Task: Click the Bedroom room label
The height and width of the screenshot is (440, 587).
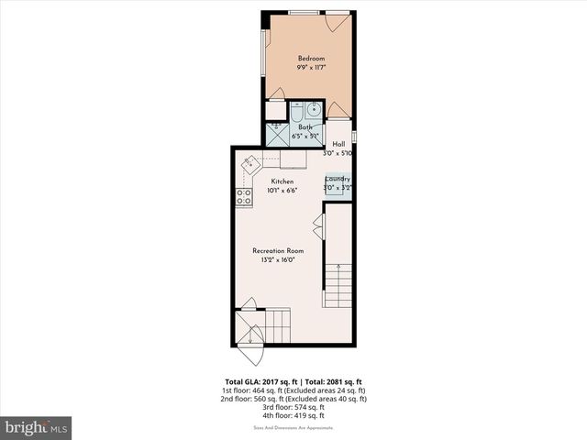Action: pyautogui.click(x=312, y=59)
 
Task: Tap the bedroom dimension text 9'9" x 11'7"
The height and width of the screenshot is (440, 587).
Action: pyautogui.click(x=312, y=68)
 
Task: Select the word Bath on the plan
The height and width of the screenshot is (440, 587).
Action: pyautogui.click(x=305, y=127)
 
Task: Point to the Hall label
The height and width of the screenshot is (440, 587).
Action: pyautogui.click(x=338, y=144)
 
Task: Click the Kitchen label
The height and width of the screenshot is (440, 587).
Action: pyautogui.click(x=281, y=181)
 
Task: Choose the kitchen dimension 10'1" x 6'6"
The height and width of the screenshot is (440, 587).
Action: pyautogui.click(x=281, y=191)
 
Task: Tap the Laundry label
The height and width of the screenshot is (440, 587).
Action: pyautogui.click(x=338, y=180)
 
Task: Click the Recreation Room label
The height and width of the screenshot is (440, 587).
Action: pyautogui.click(x=279, y=250)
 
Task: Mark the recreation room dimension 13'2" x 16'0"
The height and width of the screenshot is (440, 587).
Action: pyautogui.click(x=279, y=259)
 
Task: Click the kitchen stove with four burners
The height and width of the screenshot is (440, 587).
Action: pyautogui.click(x=244, y=195)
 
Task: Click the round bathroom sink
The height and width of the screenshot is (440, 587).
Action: pyautogui.click(x=315, y=109)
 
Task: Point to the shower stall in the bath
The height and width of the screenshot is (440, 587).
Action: pyautogui.click(x=276, y=134)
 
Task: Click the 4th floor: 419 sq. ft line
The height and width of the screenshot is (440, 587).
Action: pyautogui.click(x=295, y=415)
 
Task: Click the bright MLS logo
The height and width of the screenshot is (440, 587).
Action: pyautogui.click(x=37, y=427)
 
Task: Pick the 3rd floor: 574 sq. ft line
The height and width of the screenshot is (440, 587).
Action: pyautogui.click(x=295, y=407)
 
